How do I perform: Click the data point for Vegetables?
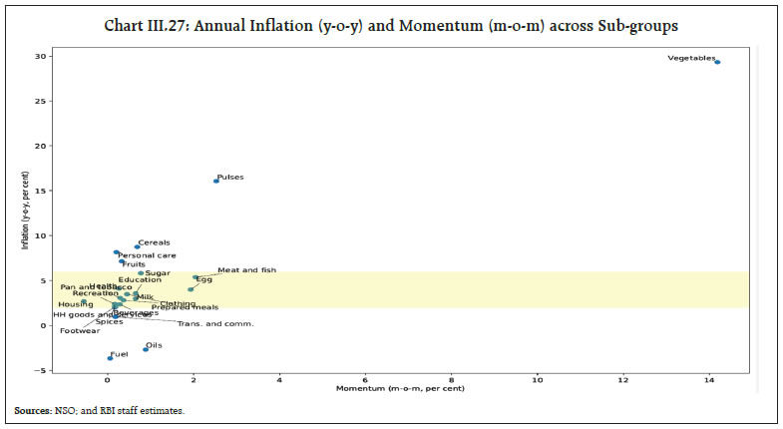point(717,62)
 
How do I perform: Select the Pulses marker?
point(215,181)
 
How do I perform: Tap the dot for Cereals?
point(137,246)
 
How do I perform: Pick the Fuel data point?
point(111,358)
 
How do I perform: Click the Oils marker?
point(146,349)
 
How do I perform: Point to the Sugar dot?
point(141,273)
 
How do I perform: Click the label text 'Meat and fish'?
point(246,270)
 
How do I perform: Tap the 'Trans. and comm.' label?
point(215,323)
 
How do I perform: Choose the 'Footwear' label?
point(79,330)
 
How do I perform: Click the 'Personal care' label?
point(147,255)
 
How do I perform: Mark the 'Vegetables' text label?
point(691,59)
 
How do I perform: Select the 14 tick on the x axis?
point(709,380)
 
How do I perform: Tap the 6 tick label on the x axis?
point(365,380)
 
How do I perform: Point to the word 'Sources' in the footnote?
point(35,410)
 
